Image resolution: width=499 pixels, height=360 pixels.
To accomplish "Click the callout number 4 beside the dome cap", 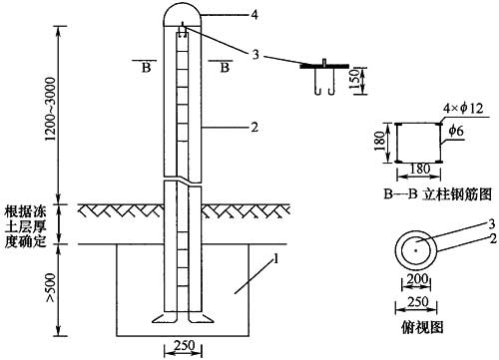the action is [254, 15].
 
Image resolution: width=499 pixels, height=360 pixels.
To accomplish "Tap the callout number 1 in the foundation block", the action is [274, 258].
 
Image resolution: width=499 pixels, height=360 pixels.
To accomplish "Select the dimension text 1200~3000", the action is [51, 109].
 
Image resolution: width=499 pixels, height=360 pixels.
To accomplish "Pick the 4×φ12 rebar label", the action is [463, 109].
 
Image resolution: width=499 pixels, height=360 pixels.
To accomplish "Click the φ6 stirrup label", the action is [456, 131].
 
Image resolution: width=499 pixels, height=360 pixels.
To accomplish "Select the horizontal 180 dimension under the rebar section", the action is [420, 169].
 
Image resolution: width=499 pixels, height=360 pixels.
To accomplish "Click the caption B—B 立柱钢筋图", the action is [437, 194].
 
